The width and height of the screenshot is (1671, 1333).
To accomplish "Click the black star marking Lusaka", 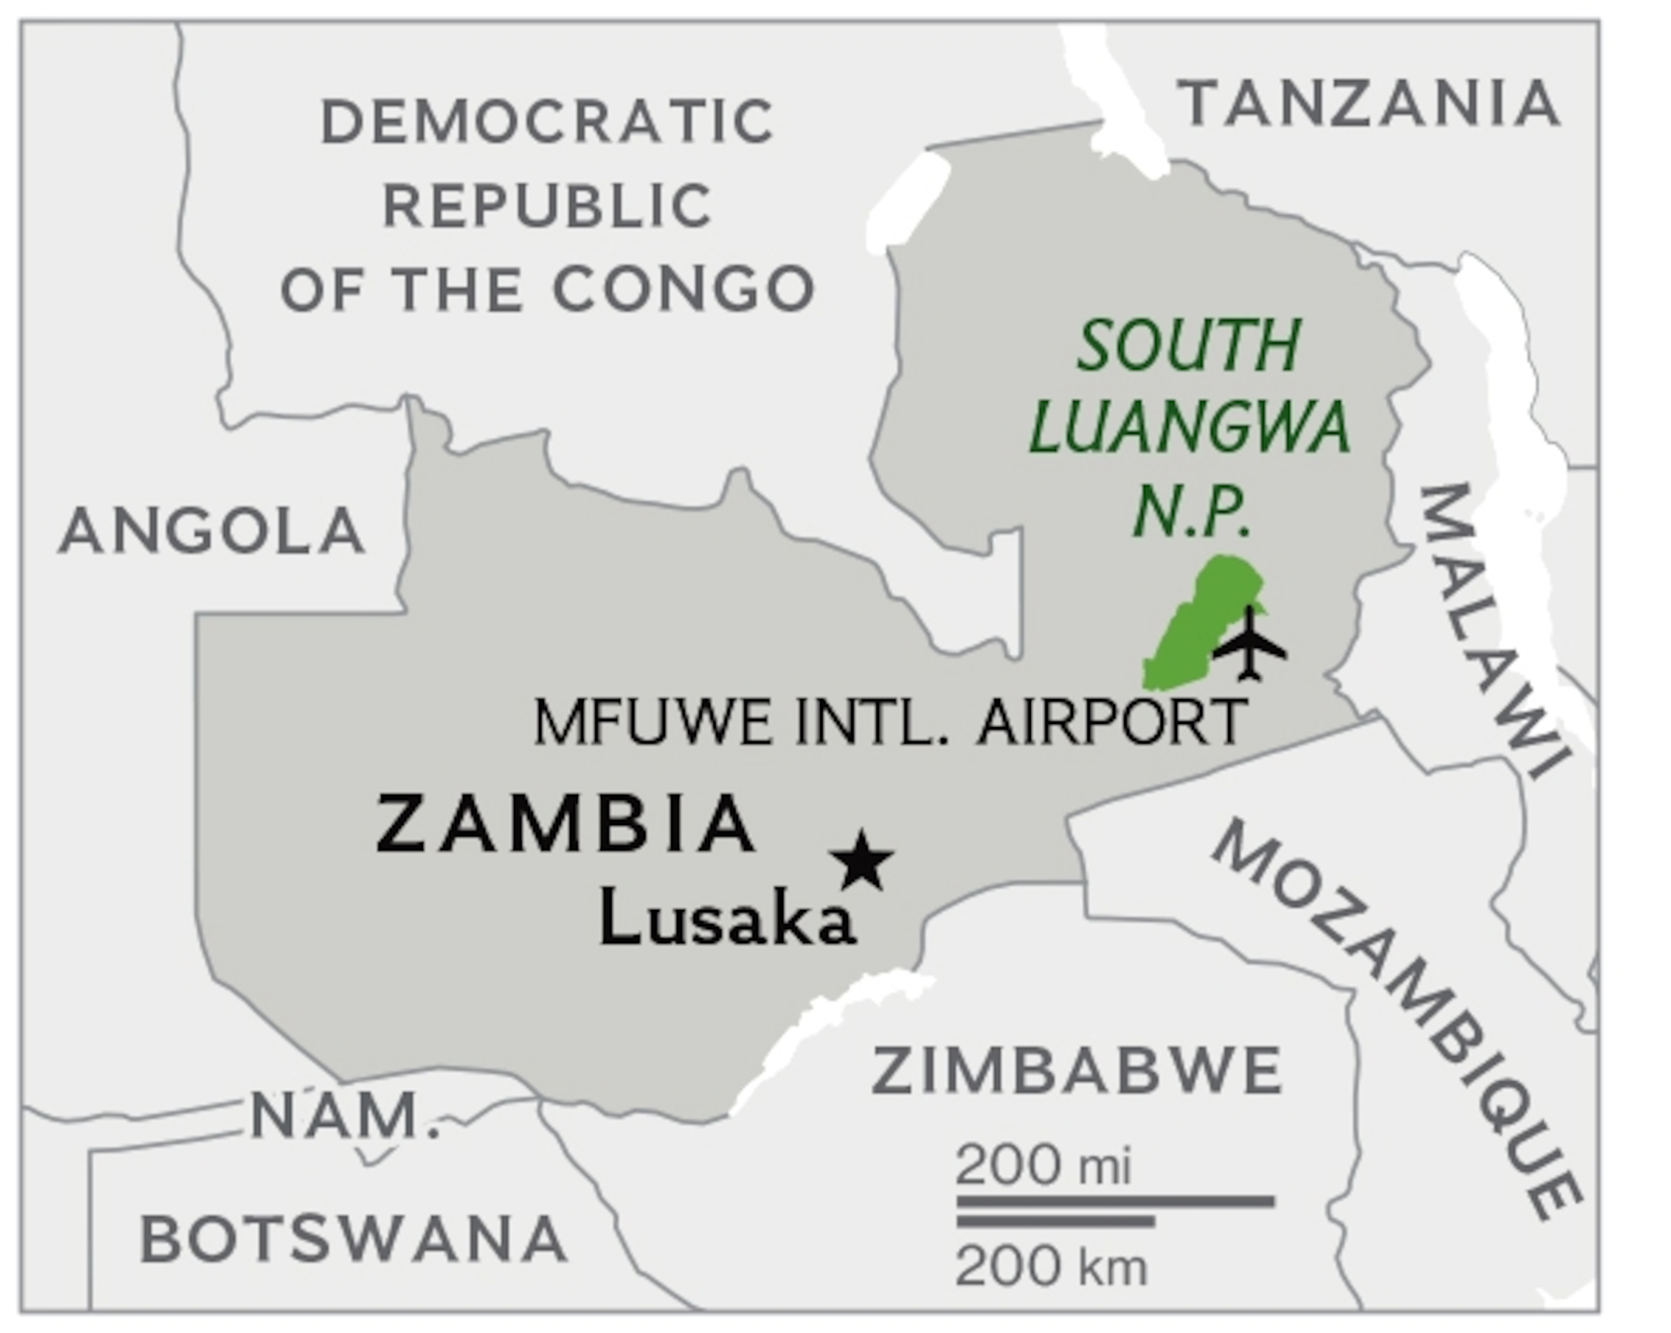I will point(862,860).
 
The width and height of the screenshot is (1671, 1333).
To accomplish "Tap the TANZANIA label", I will point(1368,104).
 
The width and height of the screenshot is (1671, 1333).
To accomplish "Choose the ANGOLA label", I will point(212,532).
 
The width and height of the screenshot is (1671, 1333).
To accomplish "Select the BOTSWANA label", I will point(354,1238).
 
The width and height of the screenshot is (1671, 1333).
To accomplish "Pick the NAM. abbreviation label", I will point(345,1116).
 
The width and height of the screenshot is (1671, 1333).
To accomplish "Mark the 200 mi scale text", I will point(1042,1165).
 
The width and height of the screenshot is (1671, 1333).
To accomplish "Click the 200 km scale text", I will point(1050,1267).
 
